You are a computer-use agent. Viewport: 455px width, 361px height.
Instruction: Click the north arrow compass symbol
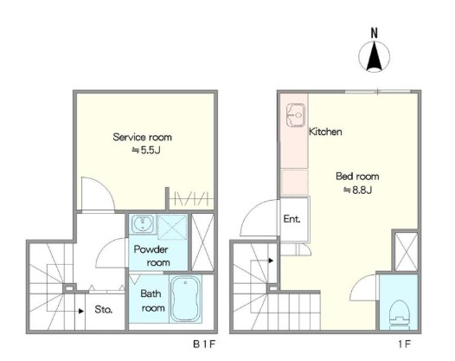(x=374, y=56)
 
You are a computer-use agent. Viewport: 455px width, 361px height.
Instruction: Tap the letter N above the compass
(x=375, y=33)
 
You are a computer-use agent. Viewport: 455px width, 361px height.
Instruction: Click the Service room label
(x=142, y=137)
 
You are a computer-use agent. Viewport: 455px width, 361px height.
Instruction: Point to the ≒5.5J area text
(x=146, y=151)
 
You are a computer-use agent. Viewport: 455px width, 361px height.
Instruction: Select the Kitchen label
(x=325, y=132)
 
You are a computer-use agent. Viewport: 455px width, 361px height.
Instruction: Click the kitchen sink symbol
(x=296, y=115)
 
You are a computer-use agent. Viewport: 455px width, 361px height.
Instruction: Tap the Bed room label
(x=357, y=177)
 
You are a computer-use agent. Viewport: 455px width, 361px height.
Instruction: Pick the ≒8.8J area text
(x=358, y=190)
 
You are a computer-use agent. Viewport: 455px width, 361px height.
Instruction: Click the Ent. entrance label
(x=292, y=219)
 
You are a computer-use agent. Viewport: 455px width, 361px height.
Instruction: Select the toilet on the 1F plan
(x=400, y=315)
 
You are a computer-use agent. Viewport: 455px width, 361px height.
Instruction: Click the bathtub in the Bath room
(x=186, y=299)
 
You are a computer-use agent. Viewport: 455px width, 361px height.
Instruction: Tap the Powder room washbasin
(x=143, y=224)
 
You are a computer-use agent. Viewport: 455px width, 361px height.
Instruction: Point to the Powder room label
(x=151, y=256)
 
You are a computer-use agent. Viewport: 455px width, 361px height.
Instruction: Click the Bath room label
(x=152, y=300)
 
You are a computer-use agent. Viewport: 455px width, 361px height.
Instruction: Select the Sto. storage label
(x=103, y=310)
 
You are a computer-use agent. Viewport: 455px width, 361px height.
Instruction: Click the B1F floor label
(x=204, y=345)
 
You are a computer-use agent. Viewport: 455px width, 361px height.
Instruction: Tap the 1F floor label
(x=405, y=345)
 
